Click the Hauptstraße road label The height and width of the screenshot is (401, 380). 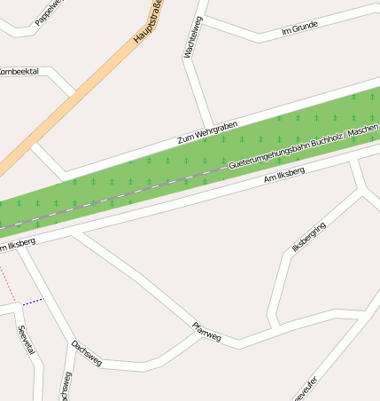[149, 23]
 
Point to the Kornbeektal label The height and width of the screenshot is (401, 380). [19, 71]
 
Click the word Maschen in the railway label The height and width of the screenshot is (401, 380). [363, 132]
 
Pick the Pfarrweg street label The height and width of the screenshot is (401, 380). [206, 332]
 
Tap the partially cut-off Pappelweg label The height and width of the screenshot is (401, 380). [49, 12]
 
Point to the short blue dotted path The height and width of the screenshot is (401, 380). [34, 302]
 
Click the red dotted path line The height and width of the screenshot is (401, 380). [8, 282]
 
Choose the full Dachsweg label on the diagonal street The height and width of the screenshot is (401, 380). [87, 353]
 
